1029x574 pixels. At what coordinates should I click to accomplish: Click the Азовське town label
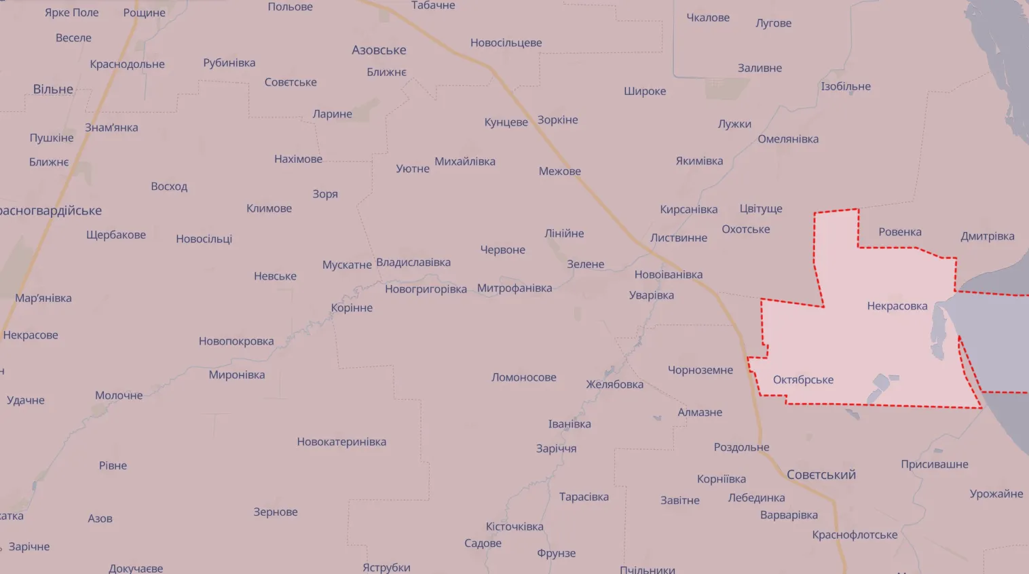(x=379, y=50)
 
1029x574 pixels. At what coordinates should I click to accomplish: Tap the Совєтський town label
(x=821, y=475)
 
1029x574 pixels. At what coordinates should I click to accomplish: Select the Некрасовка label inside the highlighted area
(x=897, y=306)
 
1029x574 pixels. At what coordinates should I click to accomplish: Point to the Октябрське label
(x=803, y=380)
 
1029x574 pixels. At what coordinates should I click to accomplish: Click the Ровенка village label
(x=899, y=232)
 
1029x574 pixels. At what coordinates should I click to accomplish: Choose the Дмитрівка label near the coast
(x=987, y=236)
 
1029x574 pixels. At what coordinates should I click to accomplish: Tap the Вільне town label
(x=53, y=90)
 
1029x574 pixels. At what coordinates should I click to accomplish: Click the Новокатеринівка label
(x=341, y=442)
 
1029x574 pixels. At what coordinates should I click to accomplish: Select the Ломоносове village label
(x=523, y=377)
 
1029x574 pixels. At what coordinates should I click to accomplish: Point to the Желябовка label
(x=614, y=385)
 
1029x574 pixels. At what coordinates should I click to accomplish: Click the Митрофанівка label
(x=514, y=288)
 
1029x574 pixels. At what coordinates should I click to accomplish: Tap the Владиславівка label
(x=413, y=263)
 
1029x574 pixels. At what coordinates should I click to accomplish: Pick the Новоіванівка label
(x=668, y=275)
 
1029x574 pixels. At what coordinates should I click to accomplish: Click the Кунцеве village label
(x=506, y=122)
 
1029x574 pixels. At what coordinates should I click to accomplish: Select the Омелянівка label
(x=788, y=139)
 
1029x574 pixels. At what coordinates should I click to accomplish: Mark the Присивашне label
(x=934, y=465)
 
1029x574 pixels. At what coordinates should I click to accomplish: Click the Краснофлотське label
(x=855, y=535)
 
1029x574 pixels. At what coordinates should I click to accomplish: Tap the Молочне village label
(x=119, y=396)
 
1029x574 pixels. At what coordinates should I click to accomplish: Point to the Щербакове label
(x=116, y=235)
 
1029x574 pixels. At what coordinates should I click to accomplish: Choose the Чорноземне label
(x=700, y=370)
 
